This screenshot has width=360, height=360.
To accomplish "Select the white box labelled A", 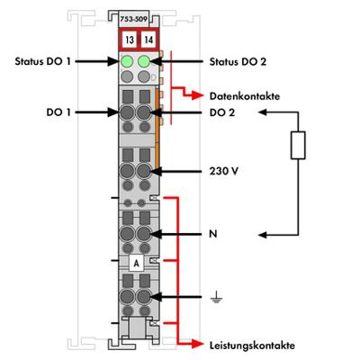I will point(136,263).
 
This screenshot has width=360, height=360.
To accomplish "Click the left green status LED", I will point(128,62).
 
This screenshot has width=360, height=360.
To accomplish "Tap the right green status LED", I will point(144,62).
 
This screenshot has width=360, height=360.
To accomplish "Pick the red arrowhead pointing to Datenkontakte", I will point(199,93).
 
